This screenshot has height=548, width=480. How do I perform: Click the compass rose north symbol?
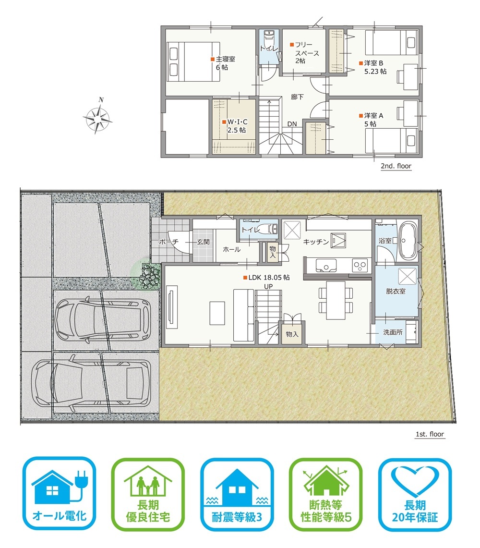[x=98, y=117]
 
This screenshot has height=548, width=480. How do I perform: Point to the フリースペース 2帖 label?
[x=305, y=52]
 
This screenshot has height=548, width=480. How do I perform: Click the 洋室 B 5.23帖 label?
[x=373, y=67]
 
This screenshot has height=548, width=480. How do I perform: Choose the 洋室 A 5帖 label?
[x=372, y=120]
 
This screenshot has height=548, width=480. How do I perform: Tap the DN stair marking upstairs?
[x=292, y=124]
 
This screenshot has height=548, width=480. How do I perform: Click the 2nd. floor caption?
[x=396, y=166]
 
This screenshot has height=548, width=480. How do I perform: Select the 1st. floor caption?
[x=430, y=434]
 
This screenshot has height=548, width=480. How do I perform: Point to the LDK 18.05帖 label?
[x=266, y=278]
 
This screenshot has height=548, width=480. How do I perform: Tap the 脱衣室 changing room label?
[x=396, y=291]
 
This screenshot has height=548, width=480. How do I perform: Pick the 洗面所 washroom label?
[x=393, y=332]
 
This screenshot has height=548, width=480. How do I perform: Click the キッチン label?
[x=316, y=242]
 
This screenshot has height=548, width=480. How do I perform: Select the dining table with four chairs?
[x=336, y=300]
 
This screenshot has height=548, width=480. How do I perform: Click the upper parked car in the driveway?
[x=102, y=319]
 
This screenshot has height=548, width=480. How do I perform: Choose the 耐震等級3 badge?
[x=237, y=494]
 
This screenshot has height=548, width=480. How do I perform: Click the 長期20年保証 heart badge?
[x=415, y=494]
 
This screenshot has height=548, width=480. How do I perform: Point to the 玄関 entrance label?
[x=203, y=242]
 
